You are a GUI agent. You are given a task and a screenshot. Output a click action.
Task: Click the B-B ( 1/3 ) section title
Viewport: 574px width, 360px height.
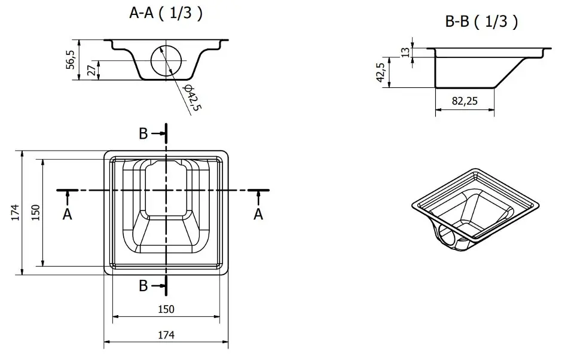pos(481,22)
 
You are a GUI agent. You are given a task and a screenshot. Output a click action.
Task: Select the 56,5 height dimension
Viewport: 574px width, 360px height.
pos(71,60)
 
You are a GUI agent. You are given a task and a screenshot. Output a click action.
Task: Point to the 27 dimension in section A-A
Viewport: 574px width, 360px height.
pos(92,70)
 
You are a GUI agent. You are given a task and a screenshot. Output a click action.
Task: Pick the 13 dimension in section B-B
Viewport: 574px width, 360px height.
pos(405,53)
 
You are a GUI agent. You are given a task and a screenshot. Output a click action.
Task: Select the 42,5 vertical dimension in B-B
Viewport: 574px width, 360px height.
pos(381,72)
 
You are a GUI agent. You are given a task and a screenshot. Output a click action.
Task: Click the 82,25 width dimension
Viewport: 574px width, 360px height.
pos(465,101)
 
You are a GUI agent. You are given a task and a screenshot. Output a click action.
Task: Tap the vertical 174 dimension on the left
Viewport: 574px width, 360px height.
pos(16,212)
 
